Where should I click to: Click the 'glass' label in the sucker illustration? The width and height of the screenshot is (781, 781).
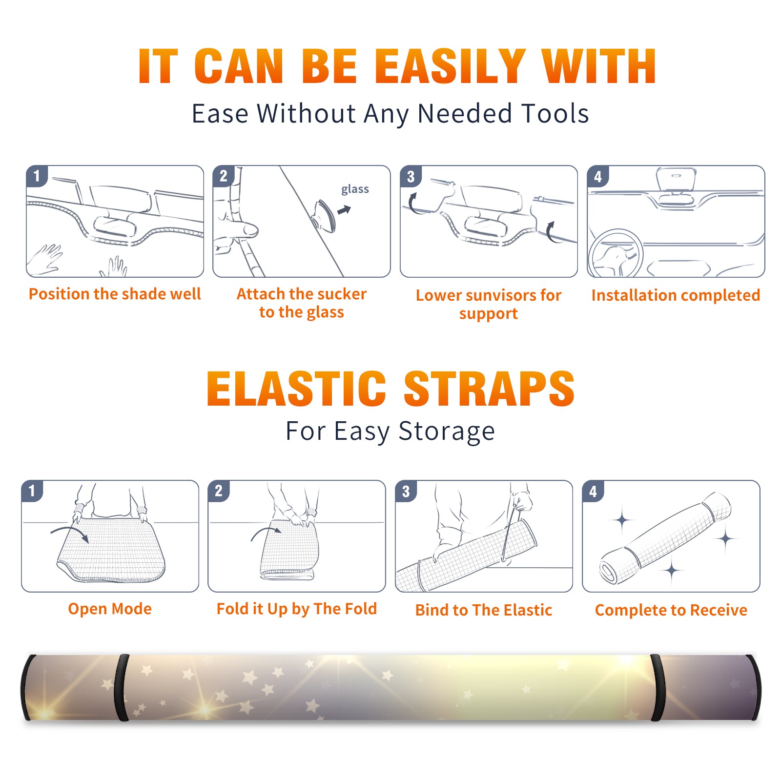(x=355, y=189)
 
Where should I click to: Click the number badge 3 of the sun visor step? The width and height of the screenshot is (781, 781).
(x=411, y=176)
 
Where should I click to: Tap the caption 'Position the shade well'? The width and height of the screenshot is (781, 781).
(x=115, y=294)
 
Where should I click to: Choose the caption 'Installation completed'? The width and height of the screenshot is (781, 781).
(x=676, y=295)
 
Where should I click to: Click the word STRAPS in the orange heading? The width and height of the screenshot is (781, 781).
(x=489, y=389)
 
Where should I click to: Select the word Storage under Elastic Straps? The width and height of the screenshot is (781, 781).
(x=446, y=432)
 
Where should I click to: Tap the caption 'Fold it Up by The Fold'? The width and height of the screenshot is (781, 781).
(x=297, y=609)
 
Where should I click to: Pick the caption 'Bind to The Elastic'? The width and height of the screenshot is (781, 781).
(x=484, y=610)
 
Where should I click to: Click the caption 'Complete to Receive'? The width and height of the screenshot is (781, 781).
(x=671, y=610)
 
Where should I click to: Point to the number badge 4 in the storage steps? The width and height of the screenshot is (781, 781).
(x=593, y=491)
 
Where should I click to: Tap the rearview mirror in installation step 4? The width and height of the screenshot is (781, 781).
(x=676, y=180)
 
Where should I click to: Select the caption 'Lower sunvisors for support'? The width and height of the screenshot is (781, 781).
(x=489, y=304)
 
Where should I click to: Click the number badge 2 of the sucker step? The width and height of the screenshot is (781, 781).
(x=224, y=176)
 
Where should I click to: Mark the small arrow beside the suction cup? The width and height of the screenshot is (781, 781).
(x=345, y=210)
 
